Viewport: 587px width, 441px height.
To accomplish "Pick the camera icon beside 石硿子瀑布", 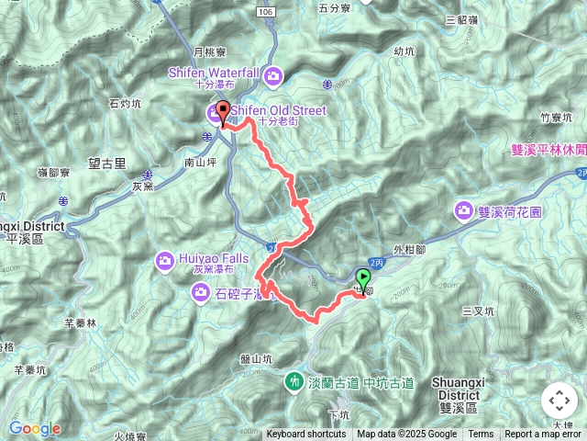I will [199, 292].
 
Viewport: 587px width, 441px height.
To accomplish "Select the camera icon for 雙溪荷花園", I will [464, 211].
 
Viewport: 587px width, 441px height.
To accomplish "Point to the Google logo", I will [34, 428].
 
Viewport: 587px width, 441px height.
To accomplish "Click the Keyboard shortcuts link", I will [306, 435].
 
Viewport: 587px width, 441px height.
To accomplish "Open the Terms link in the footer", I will [481, 435].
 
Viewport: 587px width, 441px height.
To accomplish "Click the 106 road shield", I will [265, 11].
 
